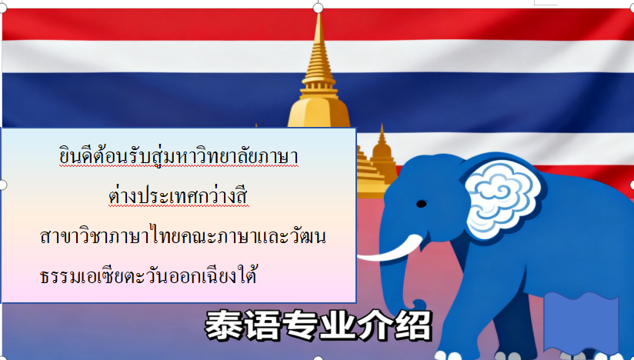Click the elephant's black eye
click(421, 204)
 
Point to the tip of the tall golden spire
click(319, 14)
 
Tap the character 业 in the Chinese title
click(338, 325)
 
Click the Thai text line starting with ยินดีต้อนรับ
click(179, 157)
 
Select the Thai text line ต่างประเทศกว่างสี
click(179, 195)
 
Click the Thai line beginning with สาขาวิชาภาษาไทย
click(183, 235)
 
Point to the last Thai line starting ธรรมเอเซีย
click(148, 275)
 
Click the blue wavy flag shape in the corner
click(581, 323)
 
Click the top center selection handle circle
click(319, 8)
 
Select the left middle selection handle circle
click(2, 185)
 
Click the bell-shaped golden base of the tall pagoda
click(319, 113)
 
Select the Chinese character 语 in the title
click(262, 325)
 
